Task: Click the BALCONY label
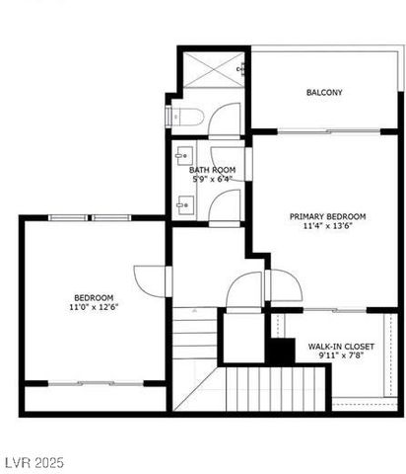tap(324, 93)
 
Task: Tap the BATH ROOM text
tap(213, 170)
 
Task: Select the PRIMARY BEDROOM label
tap(327, 216)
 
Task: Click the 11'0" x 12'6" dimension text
tap(94, 307)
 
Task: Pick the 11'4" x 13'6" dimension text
tap(327, 226)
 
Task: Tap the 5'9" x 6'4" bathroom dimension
tap(213, 179)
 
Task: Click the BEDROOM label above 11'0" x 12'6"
tap(94, 297)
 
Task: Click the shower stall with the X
tap(212, 68)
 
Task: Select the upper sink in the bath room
tap(180, 155)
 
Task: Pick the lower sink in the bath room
tap(180, 205)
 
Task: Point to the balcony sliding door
tap(325, 130)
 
